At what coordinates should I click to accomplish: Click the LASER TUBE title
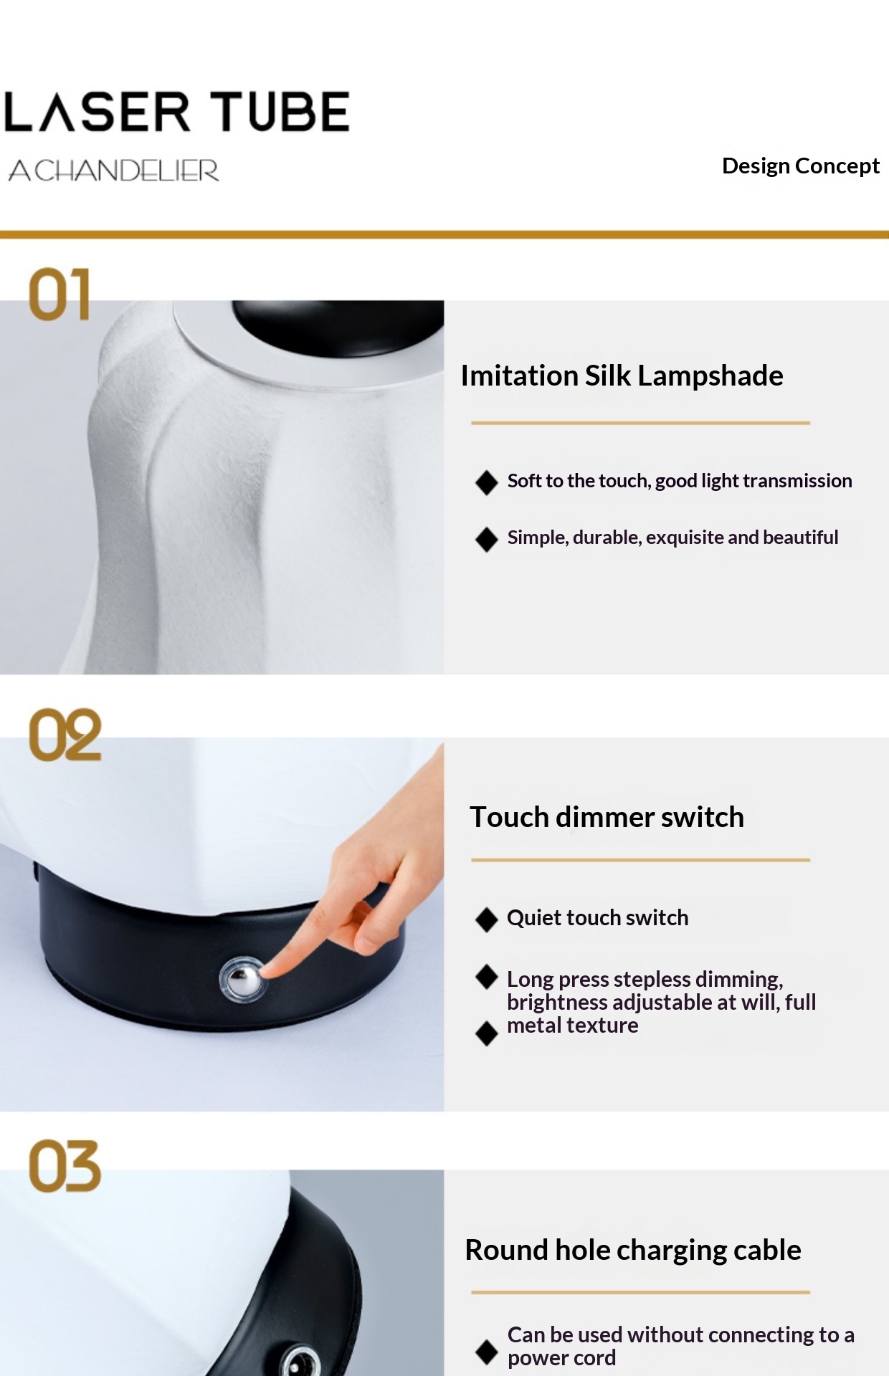176,112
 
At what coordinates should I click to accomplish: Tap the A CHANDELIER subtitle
113,171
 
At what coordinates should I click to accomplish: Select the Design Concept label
800,166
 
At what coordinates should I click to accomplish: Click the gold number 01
60,294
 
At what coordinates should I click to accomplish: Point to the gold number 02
65,735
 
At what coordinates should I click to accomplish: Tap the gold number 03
65,1166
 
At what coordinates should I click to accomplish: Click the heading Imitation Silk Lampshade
622,376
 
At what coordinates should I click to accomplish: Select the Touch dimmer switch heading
607,817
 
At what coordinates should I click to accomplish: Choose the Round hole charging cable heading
633,1251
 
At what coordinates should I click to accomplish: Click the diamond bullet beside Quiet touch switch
487,919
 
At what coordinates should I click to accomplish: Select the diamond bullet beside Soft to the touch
487,482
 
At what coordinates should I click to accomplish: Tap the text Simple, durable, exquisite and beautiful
672,537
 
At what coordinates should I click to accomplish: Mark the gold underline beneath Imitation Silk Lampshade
640,423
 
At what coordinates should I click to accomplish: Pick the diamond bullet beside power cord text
487,1352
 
